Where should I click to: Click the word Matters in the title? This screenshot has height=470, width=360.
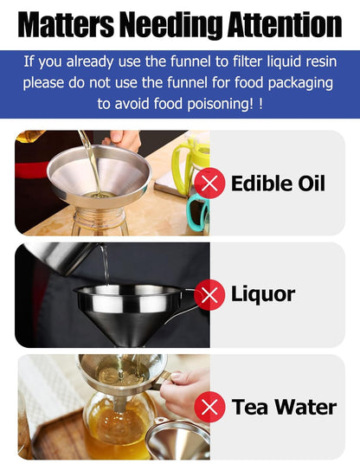pyautogui.click(x=66, y=24)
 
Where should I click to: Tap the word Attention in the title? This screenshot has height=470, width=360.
pyautogui.click(x=285, y=24)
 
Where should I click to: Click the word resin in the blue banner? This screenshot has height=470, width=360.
pyautogui.click(x=321, y=61)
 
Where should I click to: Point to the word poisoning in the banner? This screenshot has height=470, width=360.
pyautogui.click(x=221, y=104)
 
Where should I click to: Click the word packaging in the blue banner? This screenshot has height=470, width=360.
pyautogui.click(x=300, y=83)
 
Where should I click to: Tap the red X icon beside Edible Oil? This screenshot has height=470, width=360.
pyautogui.click(x=209, y=183)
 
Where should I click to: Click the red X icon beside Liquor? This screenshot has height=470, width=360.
pyautogui.click(x=209, y=294)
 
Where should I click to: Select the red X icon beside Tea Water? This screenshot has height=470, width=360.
pyautogui.click(x=209, y=407)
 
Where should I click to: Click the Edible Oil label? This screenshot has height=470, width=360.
pyautogui.click(x=278, y=183)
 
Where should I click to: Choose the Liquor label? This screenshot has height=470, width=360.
pyautogui.click(x=263, y=294)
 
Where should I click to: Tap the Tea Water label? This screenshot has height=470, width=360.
pyautogui.click(x=284, y=407)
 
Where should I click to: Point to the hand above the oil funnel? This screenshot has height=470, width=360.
pyautogui.click(x=123, y=138)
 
